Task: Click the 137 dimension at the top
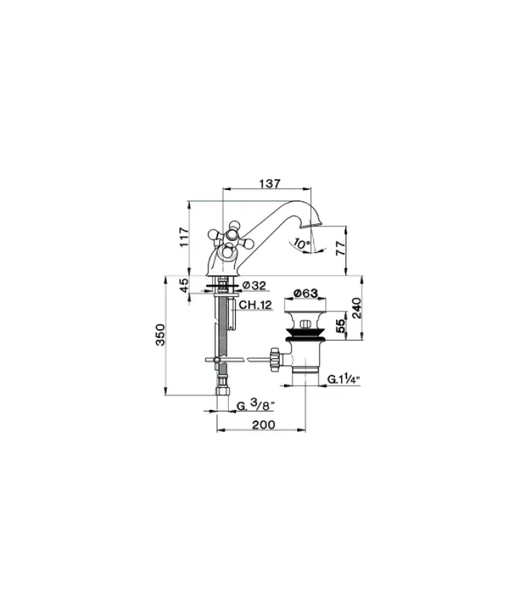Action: pyautogui.click(x=270, y=183)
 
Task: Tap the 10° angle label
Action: pyautogui.click(x=301, y=244)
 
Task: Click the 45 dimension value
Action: pyautogui.click(x=183, y=286)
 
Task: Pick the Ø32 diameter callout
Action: pyautogui.click(x=255, y=286)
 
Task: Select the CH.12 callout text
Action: pyautogui.click(x=255, y=305)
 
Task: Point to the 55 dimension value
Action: pyautogui.click(x=341, y=326)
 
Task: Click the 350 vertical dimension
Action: pyautogui.click(x=160, y=334)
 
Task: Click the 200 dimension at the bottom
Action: pyautogui.click(x=262, y=425)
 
